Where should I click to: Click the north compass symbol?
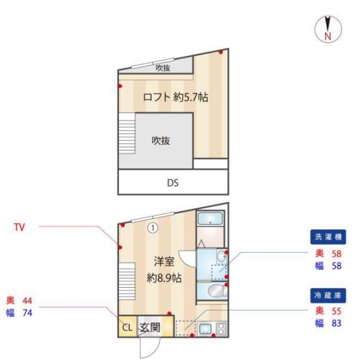pyautogui.click(x=328, y=29)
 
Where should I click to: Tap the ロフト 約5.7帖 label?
pyautogui.click(x=175, y=97)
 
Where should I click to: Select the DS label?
pyautogui.click(x=173, y=183)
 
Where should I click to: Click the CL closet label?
pyautogui.click(x=127, y=327)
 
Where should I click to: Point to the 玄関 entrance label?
pyautogui.click(x=149, y=327)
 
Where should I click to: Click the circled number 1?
pyautogui.click(x=153, y=229)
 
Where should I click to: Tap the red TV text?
pyautogui.click(x=19, y=227)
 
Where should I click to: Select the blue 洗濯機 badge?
pyautogui.click(x=328, y=237)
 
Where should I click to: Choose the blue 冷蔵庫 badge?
pyautogui.click(x=328, y=295)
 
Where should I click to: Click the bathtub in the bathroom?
pyautogui.click(x=211, y=219)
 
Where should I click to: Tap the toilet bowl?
pyautogui.click(x=217, y=290)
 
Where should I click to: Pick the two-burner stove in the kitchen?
pyautogui.click(x=221, y=329)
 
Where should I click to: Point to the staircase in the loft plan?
pyautogui.click(x=127, y=133)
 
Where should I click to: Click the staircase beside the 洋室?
pyautogui.click(x=127, y=281)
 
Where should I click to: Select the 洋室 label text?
pyautogui.click(x=164, y=262)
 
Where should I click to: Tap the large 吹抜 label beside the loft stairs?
pyautogui.click(x=161, y=141)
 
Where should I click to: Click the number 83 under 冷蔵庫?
pyautogui.click(x=337, y=323)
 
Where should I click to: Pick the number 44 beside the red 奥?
pyautogui.click(x=27, y=301)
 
